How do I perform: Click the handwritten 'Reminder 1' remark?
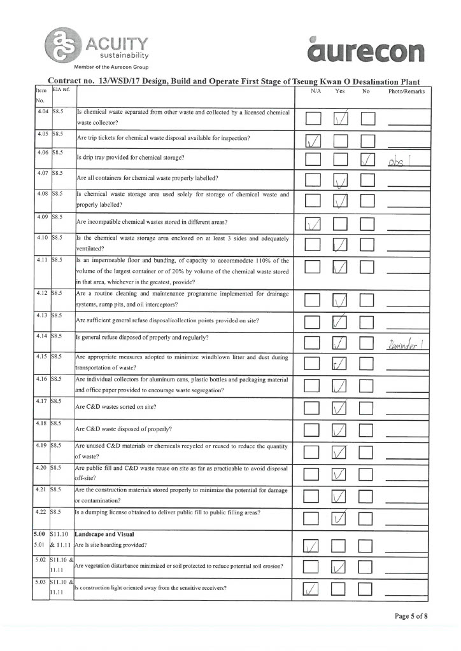[406, 344]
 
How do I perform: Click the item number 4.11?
[43, 261]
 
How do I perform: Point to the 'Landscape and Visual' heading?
[103, 534]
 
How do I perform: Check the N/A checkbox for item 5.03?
[312, 590]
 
